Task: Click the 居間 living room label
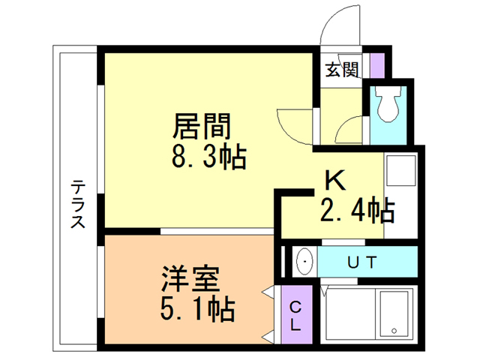click(201, 124)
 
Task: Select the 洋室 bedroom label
click(190, 278)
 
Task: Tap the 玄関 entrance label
click(341, 70)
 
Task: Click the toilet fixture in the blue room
click(388, 106)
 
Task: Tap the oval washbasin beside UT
click(306, 262)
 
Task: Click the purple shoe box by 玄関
click(377, 65)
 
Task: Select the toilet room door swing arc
click(349, 130)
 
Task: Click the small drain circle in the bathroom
click(394, 331)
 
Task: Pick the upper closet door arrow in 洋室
click(268, 291)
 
